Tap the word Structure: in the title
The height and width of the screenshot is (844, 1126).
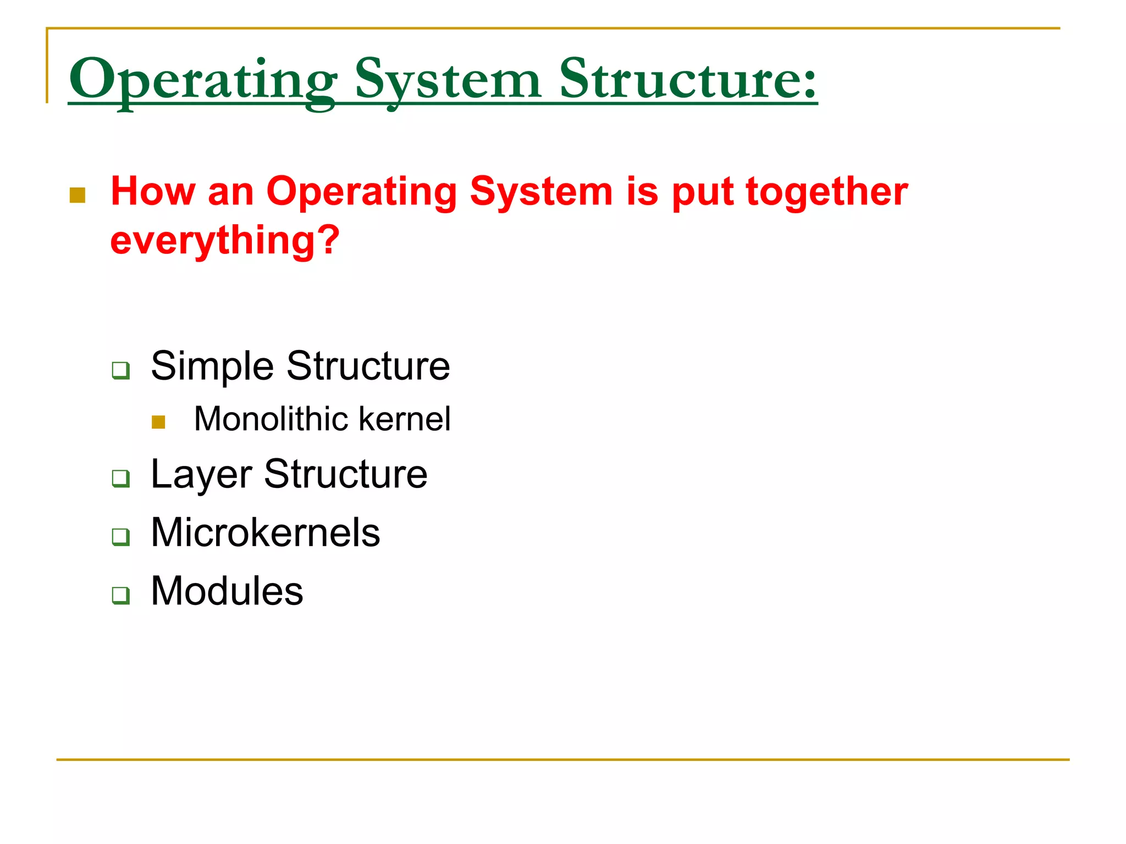[688, 80]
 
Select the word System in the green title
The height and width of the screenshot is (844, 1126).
[448, 80]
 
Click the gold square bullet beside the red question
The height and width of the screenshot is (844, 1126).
[78, 195]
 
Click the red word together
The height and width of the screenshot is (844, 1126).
[826, 192]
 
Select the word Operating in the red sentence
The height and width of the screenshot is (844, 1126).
[361, 192]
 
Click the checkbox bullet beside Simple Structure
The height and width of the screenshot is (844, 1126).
[120, 370]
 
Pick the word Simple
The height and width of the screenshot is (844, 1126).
[212, 366]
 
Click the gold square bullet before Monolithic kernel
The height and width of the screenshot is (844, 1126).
[158, 422]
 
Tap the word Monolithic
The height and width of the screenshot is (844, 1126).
[272, 419]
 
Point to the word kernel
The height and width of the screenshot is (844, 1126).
[404, 419]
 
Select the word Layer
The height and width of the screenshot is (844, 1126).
[201, 475]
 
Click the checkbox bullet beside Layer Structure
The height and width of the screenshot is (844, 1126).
[120, 478]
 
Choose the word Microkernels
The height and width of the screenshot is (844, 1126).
[265, 532]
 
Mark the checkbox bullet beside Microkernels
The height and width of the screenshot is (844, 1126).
[120, 536]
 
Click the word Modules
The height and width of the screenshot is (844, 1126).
[227, 591]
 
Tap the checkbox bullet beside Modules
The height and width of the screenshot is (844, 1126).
[120, 595]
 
